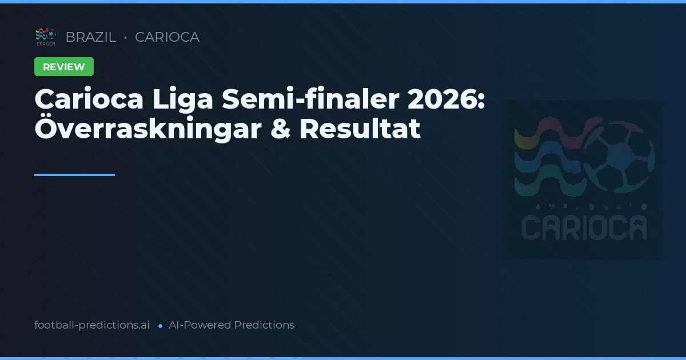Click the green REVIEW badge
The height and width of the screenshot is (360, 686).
click(64, 67)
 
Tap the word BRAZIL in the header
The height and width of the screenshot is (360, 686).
click(90, 37)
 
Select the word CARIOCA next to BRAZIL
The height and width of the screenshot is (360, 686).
click(167, 37)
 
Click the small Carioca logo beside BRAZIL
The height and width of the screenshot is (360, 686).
click(46, 37)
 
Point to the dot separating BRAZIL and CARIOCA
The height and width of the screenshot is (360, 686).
click(125, 38)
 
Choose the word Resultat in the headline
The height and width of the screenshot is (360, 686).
click(360, 129)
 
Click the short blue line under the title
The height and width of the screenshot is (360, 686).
click(74, 175)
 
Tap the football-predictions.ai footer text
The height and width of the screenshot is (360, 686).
click(92, 325)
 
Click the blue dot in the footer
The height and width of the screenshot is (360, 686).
click(160, 326)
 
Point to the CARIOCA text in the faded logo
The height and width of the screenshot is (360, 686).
click(584, 227)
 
